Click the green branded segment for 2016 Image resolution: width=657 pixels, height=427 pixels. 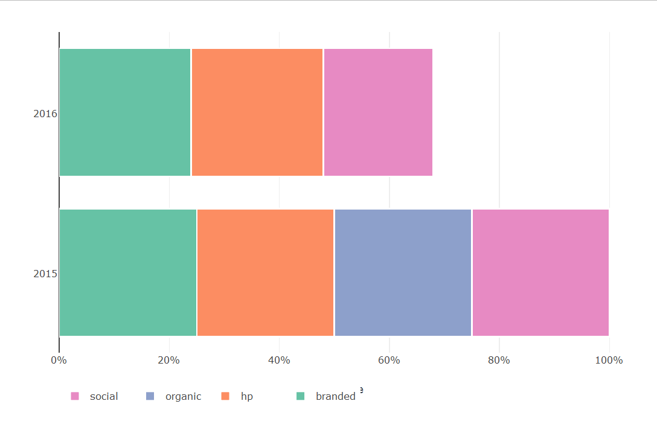point(125,112)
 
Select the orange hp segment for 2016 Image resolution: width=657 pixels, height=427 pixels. point(257,112)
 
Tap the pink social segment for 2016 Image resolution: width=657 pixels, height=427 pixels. point(378,112)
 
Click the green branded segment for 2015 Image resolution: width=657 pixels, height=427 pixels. point(128,272)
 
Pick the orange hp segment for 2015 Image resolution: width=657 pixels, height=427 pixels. point(265,272)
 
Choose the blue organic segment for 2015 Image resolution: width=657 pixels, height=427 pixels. point(403,272)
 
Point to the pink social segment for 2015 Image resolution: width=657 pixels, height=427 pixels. point(540,272)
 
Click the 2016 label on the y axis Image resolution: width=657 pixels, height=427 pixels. point(45,114)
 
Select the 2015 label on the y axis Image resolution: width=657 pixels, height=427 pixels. point(45,274)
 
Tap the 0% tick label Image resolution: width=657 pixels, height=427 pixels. point(59,361)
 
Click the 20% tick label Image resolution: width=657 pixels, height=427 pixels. point(169,361)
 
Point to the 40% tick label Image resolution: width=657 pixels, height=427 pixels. point(279,361)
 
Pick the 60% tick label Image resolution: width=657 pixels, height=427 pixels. point(389,361)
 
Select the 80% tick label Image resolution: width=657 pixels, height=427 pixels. point(499,361)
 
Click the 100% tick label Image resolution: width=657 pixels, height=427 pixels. point(609,361)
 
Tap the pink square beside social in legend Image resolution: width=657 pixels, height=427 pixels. point(75,396)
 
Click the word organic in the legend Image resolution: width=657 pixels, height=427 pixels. point(183,397)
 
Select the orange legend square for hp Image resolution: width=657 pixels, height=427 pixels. point(225,396)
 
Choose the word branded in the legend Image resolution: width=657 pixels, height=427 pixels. point(335,397)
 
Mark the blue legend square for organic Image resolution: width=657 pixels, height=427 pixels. point(150,396)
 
